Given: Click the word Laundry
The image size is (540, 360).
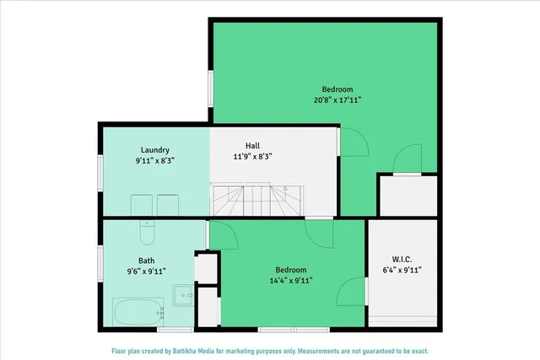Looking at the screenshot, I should click(x=155, y=150).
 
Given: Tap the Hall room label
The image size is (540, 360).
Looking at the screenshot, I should click(x=252, y=145).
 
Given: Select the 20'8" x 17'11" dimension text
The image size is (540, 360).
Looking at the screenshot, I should click(x=337, y=100).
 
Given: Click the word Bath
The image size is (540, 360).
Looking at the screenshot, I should click(x=147, y=261).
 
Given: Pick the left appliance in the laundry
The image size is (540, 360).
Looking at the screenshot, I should click(x=141, y=205).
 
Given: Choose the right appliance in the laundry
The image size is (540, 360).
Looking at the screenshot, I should click(x=168, y=205).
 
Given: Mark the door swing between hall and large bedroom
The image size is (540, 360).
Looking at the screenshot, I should click(x=353, y=142).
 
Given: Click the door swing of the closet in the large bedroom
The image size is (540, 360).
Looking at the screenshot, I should click(x=408, y=159).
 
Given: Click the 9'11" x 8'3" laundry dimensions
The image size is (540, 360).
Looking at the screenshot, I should click(x=155, y=160).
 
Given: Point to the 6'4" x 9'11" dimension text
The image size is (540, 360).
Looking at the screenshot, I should click(x=402, y=271).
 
